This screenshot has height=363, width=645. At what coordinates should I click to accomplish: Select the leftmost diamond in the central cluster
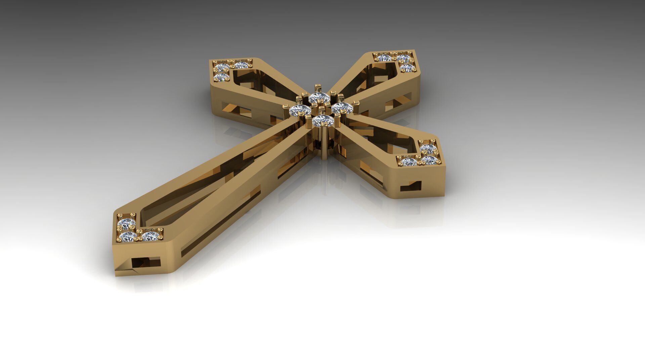point(300,110)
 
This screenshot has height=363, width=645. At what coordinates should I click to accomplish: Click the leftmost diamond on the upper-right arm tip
point(384,58)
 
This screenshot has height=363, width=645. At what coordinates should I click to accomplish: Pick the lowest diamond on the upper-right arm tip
point(408,69)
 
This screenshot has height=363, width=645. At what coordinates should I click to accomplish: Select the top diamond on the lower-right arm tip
point(428,148)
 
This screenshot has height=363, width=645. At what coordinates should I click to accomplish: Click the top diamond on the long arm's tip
point(127,223)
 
